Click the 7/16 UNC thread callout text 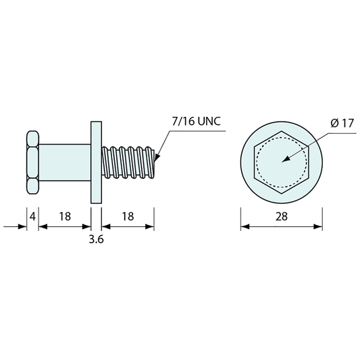pyautogui.click(x=197, y=121)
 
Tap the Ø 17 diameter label pyautogui.click(x=342, y=124)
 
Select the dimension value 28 pyautogui.click(x=282, y=217)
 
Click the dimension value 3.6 pyautogui.click(x=96, y=239)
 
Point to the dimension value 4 pyautogui.click(x=32, y=217)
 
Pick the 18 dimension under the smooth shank pyautogui.click(x=65, y=217)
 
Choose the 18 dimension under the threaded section pyautogui.click(x=128, y=217)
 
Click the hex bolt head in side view pyautogui.click(x=32, y=163)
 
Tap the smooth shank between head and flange pyautogui.click(x=65, y=163)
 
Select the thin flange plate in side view pyautogui.click(x=96, y=163)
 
